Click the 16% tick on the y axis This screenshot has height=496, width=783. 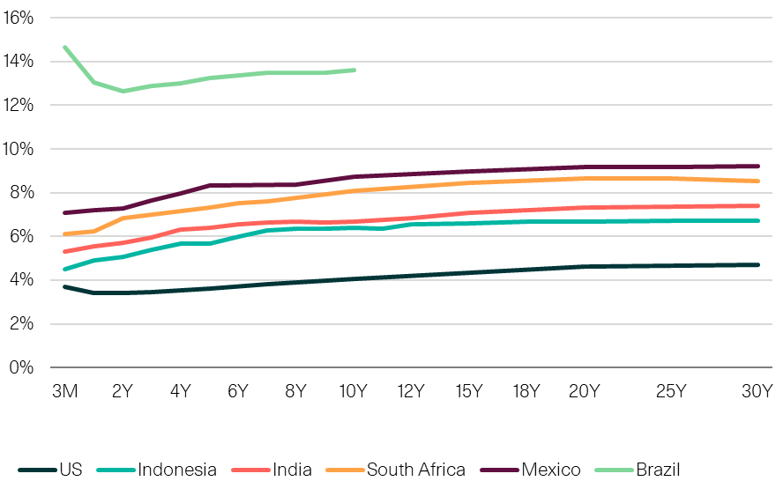tap(19, 18)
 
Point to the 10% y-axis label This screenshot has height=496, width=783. tap(19, 149)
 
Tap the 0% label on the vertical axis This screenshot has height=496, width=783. tap(21, 367)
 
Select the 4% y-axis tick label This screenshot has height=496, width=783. tap(21, 280)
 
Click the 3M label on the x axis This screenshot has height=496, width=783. tap(64, 391)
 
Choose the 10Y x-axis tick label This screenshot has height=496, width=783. tap(352, 391)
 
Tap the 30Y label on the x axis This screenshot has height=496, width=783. tap(757, 391)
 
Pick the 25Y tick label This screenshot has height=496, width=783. tap(671, 391)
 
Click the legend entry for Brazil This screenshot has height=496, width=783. tap(658, 470)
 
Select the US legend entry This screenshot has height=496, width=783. tap(71, 470)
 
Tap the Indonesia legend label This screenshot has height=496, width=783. tap(176, 470)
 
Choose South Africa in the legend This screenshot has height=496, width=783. tap(415, 470)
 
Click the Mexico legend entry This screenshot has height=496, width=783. tap(551, 470)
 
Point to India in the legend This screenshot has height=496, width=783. tap(292, 470)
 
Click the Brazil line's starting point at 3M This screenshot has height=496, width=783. tap(64, 47)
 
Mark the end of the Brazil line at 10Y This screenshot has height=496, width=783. tap(354, 70)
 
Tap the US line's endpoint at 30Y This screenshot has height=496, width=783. tap(758, 264)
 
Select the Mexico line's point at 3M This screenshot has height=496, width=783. tap(64, 212)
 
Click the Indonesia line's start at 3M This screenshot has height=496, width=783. tap(64, 269)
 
